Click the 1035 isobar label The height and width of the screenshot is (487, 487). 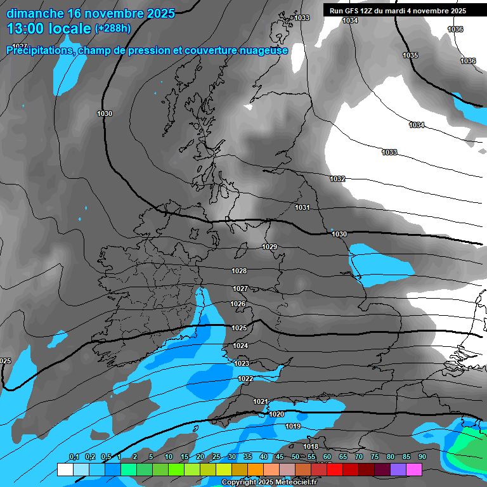click(410, 56)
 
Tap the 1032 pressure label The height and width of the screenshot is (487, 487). click(337, 179)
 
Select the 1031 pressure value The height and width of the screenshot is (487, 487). click(302, 208)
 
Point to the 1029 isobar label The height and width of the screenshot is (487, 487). click(269, 247)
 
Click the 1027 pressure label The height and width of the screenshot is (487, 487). click(240, 289)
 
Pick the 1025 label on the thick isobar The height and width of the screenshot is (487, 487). click(239, 328)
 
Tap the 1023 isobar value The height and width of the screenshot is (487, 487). click(242, 364)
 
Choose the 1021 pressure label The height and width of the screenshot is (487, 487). click(261, 402)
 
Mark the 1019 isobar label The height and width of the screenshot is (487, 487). click(293, 427)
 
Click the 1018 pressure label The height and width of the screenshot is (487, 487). click(311, 447)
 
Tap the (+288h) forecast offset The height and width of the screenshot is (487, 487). click(113, 29)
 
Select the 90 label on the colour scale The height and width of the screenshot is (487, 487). click(422, 457)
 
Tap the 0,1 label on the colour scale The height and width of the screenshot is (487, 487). click(74, 457)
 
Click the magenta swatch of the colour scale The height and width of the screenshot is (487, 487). click(414, 469)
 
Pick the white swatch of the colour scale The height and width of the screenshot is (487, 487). click(65, 469)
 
